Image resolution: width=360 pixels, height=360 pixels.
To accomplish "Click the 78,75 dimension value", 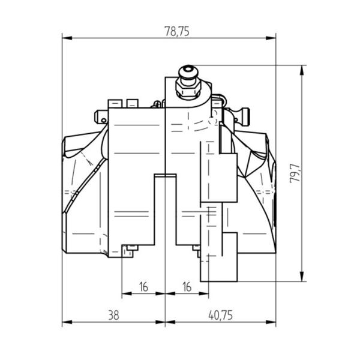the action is pyautogui.click(x=177, y=31).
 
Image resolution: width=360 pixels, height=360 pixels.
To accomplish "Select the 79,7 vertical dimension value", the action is pyautogui.click(x=295, y=173).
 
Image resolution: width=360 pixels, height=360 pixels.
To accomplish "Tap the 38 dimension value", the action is pyautogui.click(x=113, y=315).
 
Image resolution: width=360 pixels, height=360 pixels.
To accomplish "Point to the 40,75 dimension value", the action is pyautogui.click(x=220, y=315).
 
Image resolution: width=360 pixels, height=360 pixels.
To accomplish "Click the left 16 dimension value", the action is pyautogui.click(x=143, y=287).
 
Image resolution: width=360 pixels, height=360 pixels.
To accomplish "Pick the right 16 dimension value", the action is pyautogui.click(x=187, y=287).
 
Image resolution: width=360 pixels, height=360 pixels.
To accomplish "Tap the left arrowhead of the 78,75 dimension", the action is pyautogui.click(x=67, y=38).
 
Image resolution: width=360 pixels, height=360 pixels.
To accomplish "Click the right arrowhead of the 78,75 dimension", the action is pyautogui.click(x=271, y=38).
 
